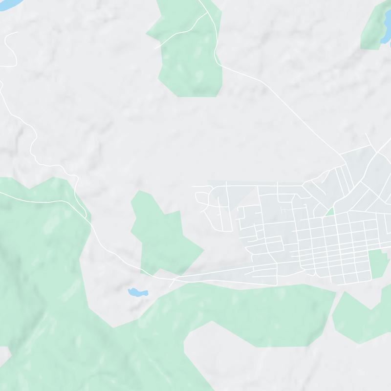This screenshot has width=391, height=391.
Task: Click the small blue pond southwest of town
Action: point(137,292)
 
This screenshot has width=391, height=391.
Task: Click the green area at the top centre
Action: point(191,54)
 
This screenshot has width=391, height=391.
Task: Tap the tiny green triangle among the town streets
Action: point(330,212)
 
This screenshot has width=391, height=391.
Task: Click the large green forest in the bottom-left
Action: point(44,274)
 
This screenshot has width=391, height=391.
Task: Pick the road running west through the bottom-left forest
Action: point(39,198)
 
